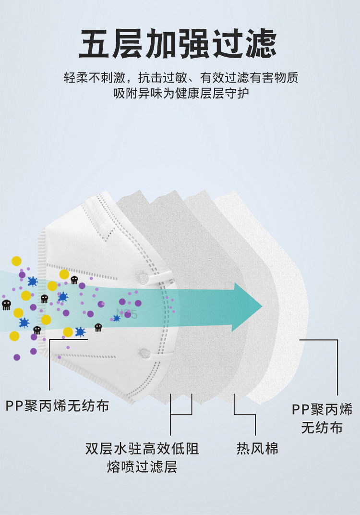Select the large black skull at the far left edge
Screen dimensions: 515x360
pos(6,305)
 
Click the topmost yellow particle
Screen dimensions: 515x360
pos(17,261)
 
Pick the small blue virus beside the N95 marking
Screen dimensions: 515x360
pos(117,318)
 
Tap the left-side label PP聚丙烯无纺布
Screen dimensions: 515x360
pos(58,406)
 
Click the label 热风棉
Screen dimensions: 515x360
pos(257,449)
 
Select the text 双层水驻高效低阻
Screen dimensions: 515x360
pos(142,449)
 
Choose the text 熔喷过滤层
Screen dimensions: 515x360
pos(142,466)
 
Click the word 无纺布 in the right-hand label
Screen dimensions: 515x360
pos(322,427)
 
